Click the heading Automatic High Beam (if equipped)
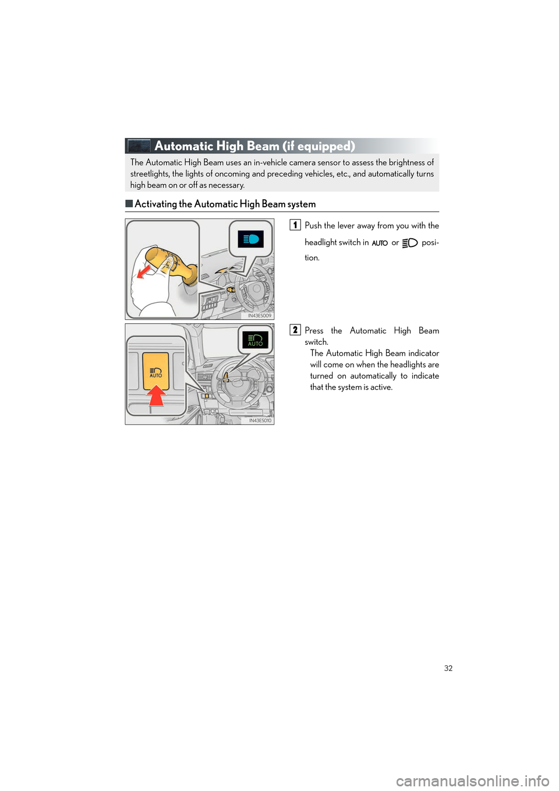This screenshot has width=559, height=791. coord(254,146)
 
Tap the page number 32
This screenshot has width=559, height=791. coord(448,668)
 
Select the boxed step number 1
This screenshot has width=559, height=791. coord(295,225)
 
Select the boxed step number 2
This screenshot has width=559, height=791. coord(295,330)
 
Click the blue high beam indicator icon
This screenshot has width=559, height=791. coord(251,239)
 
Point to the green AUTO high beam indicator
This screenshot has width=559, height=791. coord(255,340)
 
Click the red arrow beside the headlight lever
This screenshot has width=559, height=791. coord(143,271)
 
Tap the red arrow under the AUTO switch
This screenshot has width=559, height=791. coord(156,396)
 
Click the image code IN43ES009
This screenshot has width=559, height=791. coord(260,315)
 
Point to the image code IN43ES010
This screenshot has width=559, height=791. coord(260,420)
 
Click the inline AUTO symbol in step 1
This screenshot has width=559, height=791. coord(380,243)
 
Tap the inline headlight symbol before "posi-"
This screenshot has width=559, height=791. coord(410,243)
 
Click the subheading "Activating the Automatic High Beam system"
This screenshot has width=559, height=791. coord(225,204)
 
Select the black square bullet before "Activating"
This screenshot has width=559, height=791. coord(129,203)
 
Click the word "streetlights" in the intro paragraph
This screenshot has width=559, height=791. coord(150,174)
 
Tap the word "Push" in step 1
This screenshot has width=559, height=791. coord(313,225)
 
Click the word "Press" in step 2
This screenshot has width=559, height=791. coord(314,330)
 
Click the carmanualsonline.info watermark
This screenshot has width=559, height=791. coord(472,780)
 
